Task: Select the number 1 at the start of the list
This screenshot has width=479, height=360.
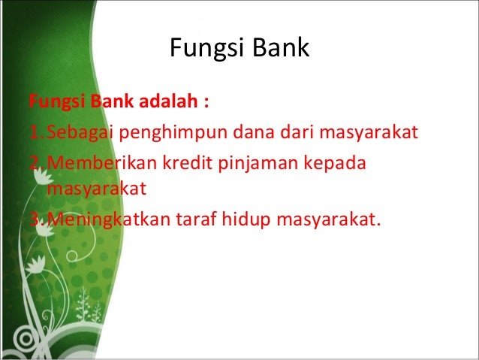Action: [x=34, y=134]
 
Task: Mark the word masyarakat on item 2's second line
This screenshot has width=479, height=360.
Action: [x=95, y=188]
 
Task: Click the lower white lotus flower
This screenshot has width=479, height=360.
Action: [x=35, y=265]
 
